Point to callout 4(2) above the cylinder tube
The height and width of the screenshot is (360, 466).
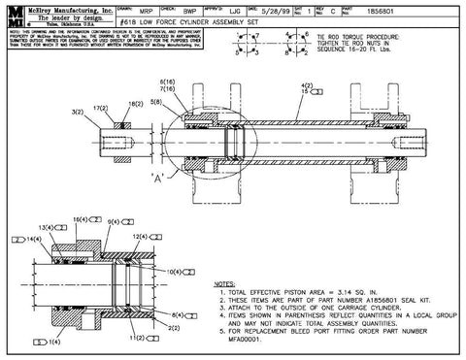point(307,85)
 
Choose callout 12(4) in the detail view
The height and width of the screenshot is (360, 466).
point(140,236)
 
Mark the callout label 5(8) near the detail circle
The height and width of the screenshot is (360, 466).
point(156,101)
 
